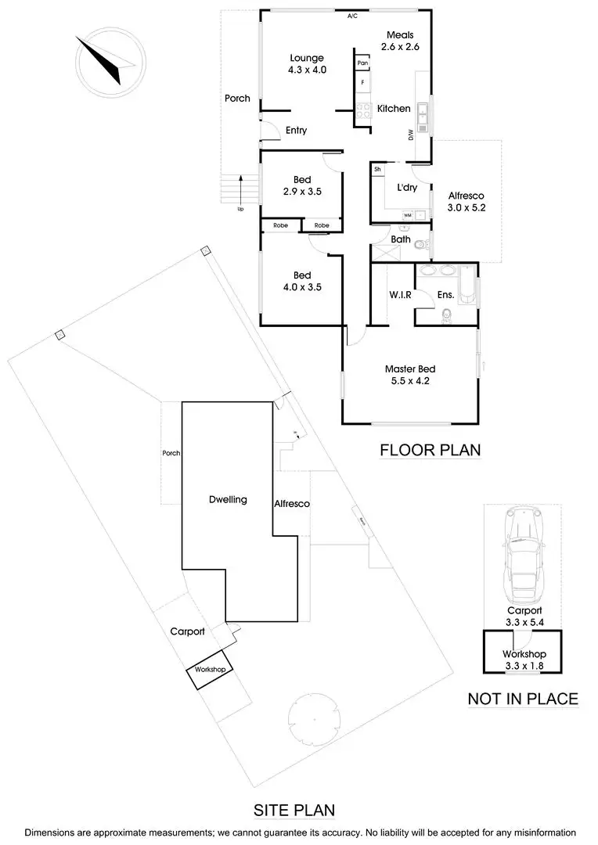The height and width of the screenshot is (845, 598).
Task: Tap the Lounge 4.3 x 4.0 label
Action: click(307, 63)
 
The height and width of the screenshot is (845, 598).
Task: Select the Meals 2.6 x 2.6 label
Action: click(400, 41)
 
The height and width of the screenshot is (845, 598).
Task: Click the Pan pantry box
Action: click(362, 63)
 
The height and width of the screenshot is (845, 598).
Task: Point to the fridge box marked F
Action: click(362, 82)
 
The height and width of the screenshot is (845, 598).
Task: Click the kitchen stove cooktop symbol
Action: click(363, 111)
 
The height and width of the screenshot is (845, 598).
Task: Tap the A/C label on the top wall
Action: click(352, 16)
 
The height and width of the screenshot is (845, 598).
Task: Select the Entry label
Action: click(296, 131)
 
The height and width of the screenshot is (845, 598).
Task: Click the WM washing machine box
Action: click(408, 214)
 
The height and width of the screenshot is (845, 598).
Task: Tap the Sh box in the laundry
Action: click(377, 169)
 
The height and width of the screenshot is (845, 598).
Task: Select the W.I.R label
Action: click(401, 295)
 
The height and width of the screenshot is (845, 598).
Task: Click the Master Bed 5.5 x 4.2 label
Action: click(409, 375)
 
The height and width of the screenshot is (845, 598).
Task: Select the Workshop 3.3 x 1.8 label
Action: click(524, 660)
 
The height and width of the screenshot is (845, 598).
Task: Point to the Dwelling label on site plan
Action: click(229, 499)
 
